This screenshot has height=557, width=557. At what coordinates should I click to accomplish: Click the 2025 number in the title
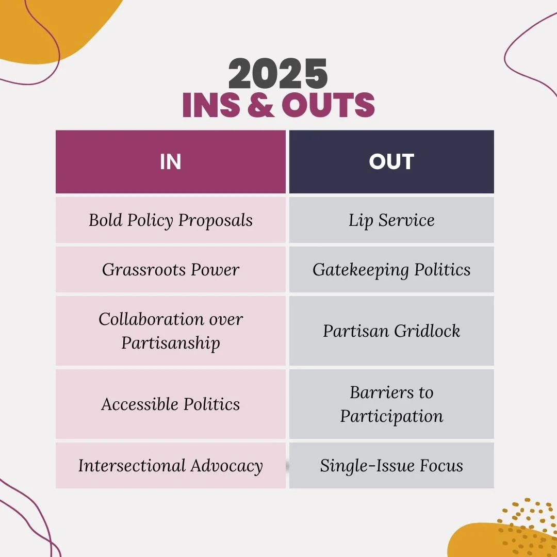click(x=278, y=74)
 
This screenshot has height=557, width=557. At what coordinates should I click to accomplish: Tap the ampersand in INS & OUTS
click(x=261, y=105)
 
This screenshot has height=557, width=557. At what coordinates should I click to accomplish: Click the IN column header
click(x=170, y=162)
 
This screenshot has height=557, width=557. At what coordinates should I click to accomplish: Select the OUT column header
click(x=391, y=162)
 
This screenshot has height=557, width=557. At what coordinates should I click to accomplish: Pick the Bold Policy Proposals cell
click(x=170, y=220)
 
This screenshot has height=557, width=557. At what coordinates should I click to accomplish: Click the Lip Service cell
click(x=391, y=220)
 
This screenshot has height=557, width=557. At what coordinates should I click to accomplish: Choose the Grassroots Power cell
click(x=170, y=270)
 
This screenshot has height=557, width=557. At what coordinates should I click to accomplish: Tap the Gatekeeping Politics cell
click(x=391, y=270)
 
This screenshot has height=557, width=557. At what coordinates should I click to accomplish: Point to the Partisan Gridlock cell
click(x=391, y=331)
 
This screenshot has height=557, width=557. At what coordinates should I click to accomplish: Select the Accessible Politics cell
click(x=170, y=404)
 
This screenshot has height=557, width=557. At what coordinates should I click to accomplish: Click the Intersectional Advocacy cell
click(x=170, y=466)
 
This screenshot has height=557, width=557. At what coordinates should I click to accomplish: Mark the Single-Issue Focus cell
click(x=391, y=466)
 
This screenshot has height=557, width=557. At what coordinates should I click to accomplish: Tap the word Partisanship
click(x=170, y=343)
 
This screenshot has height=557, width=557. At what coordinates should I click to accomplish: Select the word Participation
click(x=391, y=416)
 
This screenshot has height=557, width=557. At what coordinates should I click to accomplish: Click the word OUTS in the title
click(x=328, y=105)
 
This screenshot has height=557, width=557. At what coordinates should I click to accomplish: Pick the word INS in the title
click(x=211, y=105)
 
